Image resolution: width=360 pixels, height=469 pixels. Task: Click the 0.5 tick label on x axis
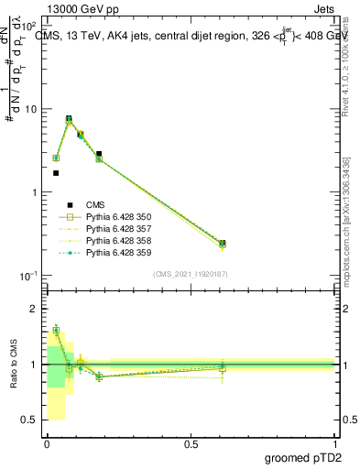[191, 442]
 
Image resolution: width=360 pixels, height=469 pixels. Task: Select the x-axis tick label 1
[335, 442]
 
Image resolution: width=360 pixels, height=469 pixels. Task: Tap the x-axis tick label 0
[47, 442]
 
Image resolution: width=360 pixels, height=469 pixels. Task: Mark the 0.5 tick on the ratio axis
[30, 420]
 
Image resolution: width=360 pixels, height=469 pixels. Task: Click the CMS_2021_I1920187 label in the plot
[191, 274]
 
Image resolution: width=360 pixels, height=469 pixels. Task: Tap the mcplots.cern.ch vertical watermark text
[352, 247]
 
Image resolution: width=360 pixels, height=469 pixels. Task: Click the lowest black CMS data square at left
[56, 173]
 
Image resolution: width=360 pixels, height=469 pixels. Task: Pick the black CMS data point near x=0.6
[223, 244]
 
